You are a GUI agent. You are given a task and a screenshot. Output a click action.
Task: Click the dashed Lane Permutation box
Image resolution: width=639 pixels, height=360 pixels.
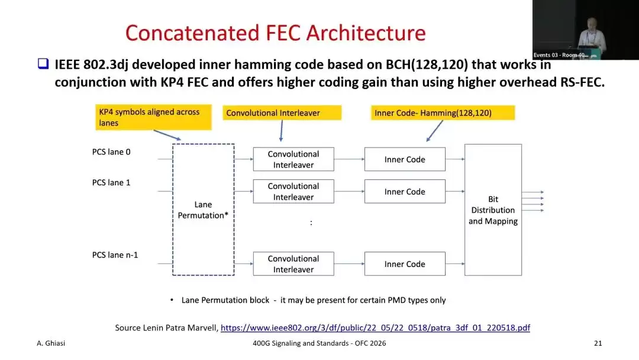(173, 210)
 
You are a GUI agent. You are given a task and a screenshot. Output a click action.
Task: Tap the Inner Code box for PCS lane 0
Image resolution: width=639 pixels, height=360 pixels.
(405, 159)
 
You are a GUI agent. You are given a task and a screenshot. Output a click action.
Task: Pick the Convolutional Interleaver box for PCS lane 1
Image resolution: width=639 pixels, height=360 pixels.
(293, 192)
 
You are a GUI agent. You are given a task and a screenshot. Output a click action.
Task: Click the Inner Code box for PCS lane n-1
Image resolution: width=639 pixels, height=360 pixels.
(405, 263)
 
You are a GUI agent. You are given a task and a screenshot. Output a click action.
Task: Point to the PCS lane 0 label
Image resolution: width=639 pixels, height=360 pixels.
(111, 152)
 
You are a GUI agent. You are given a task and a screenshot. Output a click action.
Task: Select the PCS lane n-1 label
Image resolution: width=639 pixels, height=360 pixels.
(115, 255)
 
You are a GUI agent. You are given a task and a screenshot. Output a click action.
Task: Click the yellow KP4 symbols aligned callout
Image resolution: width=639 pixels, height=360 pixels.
(154, 117)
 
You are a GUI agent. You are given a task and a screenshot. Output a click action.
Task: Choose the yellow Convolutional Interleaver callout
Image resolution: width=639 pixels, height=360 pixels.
(282, 113)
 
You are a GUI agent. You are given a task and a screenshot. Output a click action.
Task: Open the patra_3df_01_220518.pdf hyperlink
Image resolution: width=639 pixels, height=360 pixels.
(375, 328)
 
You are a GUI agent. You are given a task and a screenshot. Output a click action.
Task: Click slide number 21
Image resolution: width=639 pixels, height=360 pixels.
(598, 343)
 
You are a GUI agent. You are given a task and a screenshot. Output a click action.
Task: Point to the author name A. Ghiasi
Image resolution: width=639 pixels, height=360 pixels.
(51, 343)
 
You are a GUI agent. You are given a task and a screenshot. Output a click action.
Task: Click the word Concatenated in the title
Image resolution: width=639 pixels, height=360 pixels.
(192, 33)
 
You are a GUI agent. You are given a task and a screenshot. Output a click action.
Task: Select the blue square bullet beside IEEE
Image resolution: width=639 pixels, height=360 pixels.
(43, 63)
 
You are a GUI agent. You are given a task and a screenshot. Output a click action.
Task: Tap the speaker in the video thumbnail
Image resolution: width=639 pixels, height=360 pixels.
(591, 37)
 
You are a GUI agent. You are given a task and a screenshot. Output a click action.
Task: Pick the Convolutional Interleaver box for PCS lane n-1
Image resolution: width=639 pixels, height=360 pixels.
(293, 263)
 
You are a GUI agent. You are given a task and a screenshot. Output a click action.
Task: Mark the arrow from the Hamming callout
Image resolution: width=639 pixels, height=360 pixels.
(434, 131)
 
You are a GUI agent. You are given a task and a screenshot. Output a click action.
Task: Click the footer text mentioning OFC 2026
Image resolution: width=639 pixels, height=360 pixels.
(319, 343)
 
